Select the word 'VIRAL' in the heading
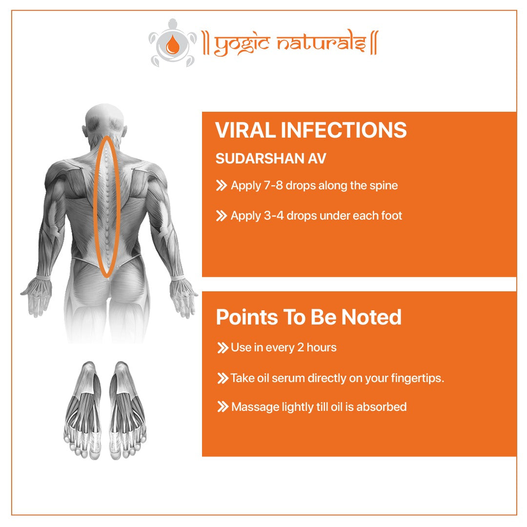[x=245, y=130]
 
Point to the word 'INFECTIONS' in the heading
[x=344, y=130]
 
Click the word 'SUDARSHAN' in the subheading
[x=260, y=159]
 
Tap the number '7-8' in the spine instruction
[x=273, y=185]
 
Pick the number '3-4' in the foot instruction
[x=274, y=216]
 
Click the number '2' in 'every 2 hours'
[x=301, y=347]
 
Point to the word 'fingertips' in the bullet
[x=415, y=379]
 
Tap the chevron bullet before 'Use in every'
[x=223, y=348]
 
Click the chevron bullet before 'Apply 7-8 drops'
[x=221, y=185]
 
